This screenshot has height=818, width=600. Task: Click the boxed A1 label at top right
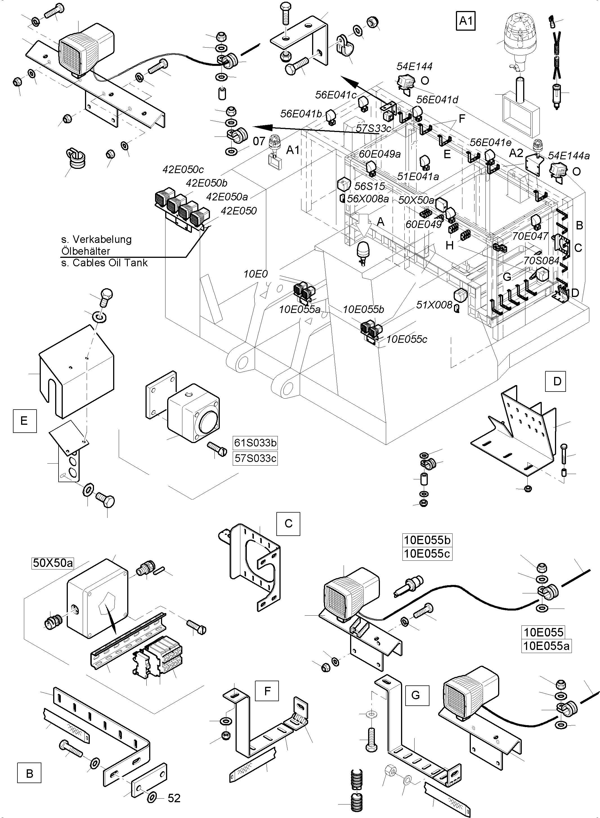coord(465,21)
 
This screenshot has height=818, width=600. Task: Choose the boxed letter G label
coord(415,695)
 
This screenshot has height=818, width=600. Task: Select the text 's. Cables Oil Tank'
coord(105,263)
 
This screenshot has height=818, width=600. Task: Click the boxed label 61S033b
coord(255,443)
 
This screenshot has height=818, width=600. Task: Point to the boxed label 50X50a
coord(53,563)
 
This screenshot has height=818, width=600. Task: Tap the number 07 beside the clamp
coord(259,141)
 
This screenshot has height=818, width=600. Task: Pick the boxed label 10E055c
coord(427,554)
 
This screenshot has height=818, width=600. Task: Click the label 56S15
coord(369,186)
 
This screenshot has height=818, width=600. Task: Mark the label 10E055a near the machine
coord(300,309)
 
